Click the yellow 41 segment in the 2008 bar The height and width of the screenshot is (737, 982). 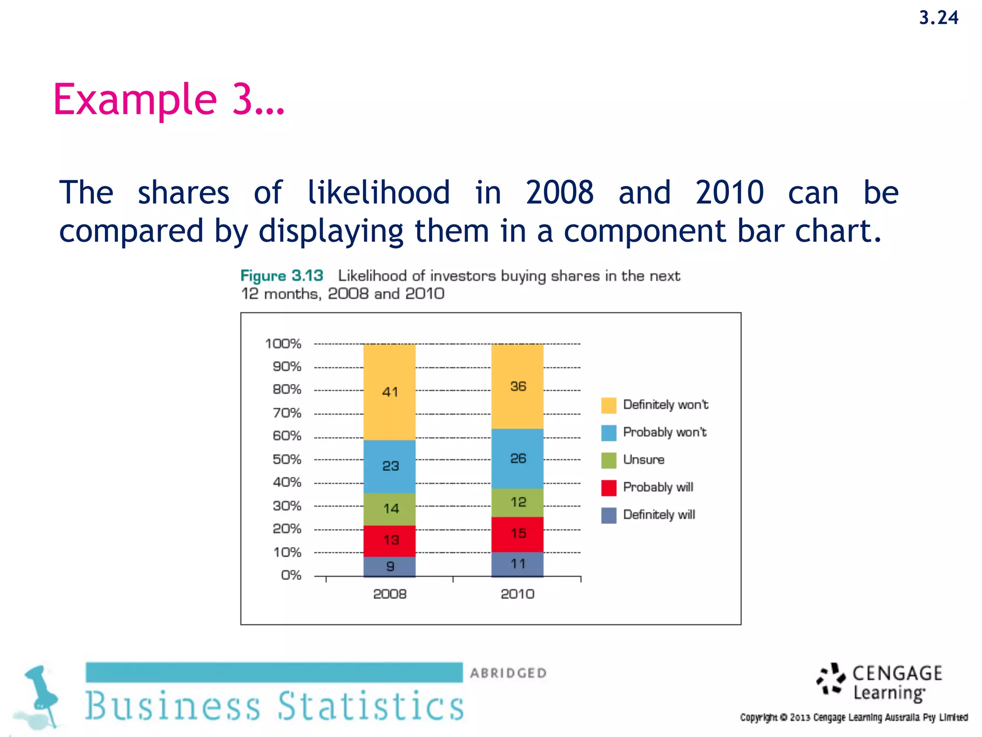click(389, 392)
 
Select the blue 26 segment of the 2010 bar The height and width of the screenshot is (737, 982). click(517, 458)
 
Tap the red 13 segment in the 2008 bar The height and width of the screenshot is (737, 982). click(389, 540)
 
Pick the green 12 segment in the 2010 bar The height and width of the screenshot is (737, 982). click(517, 502)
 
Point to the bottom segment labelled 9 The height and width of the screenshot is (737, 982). click(389, 567)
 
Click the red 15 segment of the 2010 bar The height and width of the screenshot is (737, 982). click(517, 534)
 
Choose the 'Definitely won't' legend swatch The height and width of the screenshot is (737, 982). click(608, 405)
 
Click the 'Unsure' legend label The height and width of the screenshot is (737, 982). click(643, 460)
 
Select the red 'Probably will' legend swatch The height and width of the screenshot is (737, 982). click(608, 487)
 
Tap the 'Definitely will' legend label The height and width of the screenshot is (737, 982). click(659, 515)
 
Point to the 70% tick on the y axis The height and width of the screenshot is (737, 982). click(287, 413)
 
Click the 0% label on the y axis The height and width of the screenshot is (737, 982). click(291, 575)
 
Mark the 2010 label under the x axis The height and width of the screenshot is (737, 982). click(517, 594)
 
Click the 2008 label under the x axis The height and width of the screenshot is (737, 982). click(389, 594)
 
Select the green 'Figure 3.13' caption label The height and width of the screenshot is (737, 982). click(281, 276)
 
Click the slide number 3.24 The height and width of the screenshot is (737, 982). click(938, 18)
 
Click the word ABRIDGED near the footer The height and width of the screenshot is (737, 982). click(508, 673)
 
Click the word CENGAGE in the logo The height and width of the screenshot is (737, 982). click(897, 673)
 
